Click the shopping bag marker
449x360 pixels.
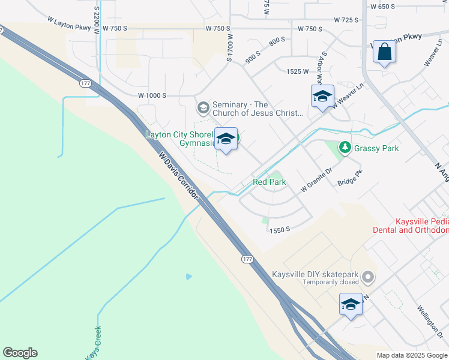point(384,52)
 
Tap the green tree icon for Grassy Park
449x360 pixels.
point(345,147)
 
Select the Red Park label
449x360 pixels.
point(269,182)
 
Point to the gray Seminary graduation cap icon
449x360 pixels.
point(203,108)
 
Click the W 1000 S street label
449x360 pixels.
point(152,95)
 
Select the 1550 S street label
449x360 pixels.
point(280,230)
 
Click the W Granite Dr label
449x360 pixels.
point(316,180)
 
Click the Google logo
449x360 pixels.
point(20,353)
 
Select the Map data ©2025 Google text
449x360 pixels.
point(411,355)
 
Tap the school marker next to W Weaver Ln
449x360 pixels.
point(322,97)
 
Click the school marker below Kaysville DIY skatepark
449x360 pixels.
point(351,304)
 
